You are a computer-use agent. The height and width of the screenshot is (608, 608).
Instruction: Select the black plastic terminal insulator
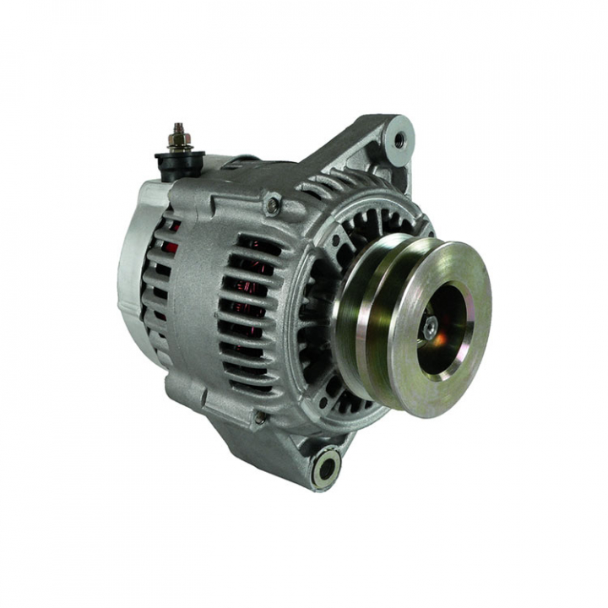180,162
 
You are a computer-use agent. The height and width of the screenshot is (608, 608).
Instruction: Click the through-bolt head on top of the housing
273,204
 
